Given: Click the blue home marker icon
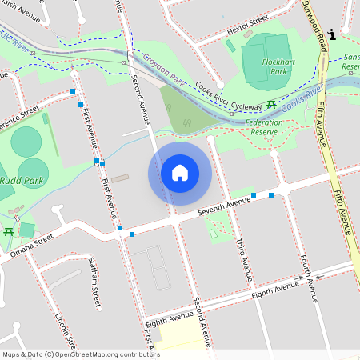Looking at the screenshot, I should tap(180, 173).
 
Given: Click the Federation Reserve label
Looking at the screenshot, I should tap(263, 127).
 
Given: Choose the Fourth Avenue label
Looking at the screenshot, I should tap(310, 279).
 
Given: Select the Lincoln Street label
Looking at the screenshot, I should tap(63, 330).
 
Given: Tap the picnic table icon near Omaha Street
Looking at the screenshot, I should tap(9, 231).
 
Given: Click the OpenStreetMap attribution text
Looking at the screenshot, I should tap(81, 354).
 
